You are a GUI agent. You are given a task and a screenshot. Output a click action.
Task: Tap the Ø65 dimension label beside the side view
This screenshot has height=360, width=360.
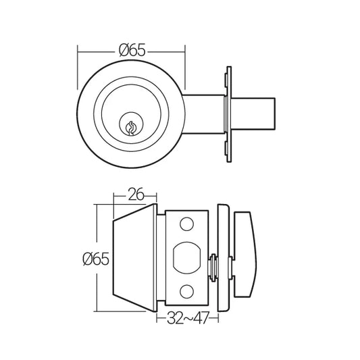pyautogui.click(x=96, y=258)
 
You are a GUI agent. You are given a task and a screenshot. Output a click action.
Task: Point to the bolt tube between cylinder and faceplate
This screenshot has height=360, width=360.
pyautogui.click(x=203, y=111)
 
